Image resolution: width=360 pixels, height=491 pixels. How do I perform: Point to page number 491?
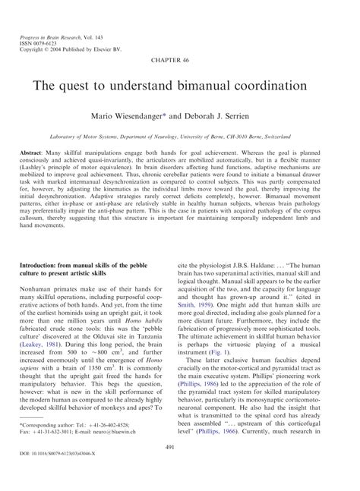pos(180,451)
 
